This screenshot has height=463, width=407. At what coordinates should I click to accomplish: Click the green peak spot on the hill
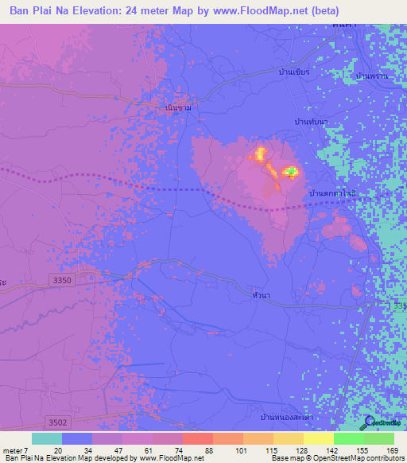(291, 171)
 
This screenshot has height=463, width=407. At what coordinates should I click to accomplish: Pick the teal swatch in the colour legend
(47, 438)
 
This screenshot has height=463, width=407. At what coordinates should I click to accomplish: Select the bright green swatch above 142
(349, 438)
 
